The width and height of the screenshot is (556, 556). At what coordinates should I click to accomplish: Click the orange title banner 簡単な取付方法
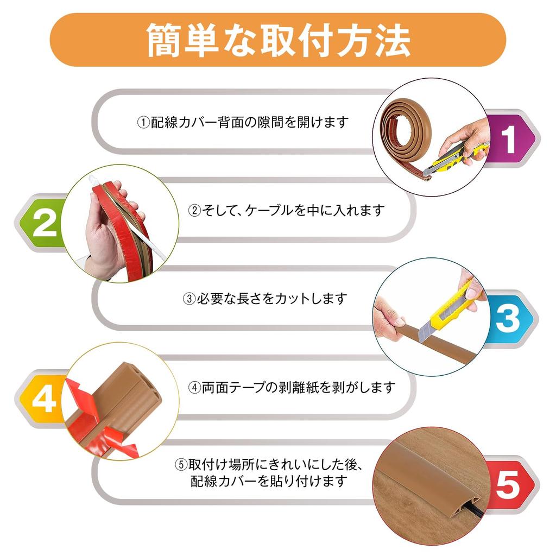(x=277, y=40)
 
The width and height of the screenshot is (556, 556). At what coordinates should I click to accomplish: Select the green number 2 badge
(x=43, y=223)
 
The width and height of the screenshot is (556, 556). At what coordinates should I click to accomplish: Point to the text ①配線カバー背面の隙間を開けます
(x=242, y=123)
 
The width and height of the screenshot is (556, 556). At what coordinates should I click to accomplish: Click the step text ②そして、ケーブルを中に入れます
(x=286, y=210)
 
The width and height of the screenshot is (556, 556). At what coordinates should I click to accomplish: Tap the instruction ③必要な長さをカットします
(x=264, y=299)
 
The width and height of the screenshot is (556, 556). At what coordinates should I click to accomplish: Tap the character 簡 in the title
(x=165, y=40)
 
